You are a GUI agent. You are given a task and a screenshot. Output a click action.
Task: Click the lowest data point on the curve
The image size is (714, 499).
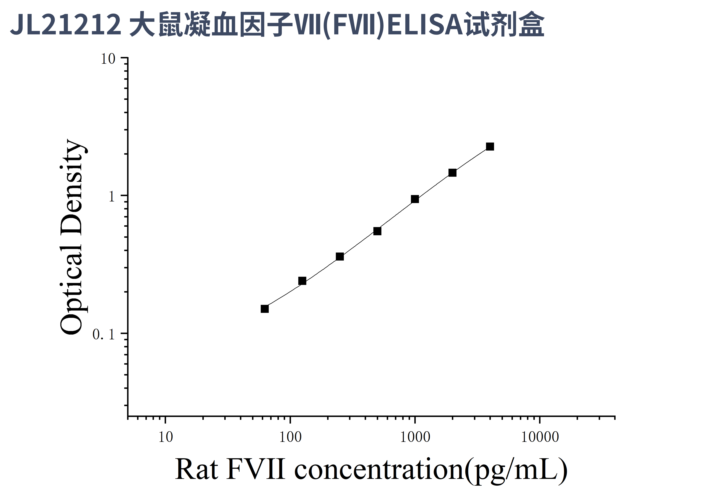265,309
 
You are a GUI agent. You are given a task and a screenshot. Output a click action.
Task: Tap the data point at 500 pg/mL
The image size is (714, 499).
377,231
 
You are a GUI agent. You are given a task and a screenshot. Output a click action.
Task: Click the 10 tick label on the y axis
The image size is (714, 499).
108,59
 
